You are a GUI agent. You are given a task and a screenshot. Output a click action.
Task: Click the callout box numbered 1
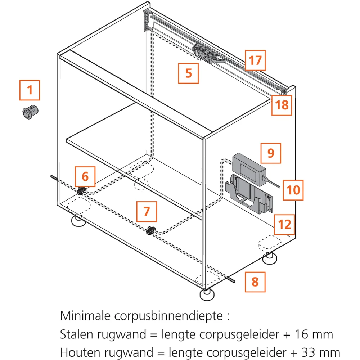(x=30, y=90)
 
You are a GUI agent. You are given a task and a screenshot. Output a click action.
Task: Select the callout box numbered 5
(x=189, y=73)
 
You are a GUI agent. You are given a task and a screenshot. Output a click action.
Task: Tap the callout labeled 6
(x=85, y=176)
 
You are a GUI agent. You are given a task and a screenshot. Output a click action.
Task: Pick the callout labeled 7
(x=147, y=211)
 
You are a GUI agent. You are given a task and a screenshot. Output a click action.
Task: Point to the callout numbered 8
(x=255, y=282)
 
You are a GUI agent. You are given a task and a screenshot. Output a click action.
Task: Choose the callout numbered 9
(x=271, y=153)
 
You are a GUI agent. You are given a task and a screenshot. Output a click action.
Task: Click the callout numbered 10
(x=293, y=190)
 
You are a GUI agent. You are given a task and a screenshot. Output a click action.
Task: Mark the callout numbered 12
(x=284, y=225)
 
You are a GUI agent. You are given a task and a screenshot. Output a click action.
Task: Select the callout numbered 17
(x=255, y=60)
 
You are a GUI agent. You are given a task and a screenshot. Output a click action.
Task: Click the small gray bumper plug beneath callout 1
(x=30, y=112)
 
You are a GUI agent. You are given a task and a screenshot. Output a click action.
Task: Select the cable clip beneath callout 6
(x=81, y=191)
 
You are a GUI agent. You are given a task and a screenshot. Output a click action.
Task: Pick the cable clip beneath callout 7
(x=151, y=230)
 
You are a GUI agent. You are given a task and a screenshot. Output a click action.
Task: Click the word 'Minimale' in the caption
(x=85, y=316)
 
